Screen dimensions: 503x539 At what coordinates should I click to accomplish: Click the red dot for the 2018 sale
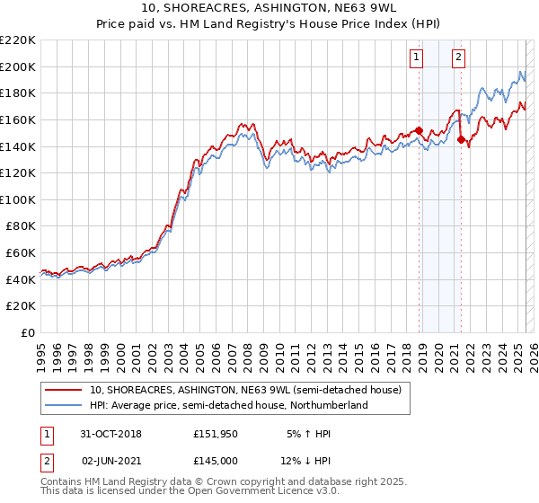coord(420,130)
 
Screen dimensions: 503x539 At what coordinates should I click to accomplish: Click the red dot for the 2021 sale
coord(461,139)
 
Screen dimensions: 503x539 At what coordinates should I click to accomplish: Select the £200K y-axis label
coord(18,66)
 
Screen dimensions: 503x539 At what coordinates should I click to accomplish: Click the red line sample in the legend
coord(65,390)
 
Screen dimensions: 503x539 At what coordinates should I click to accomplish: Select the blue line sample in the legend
coord(65,405)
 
